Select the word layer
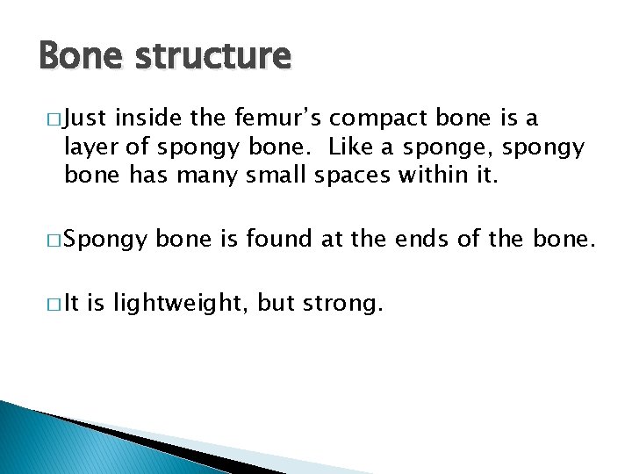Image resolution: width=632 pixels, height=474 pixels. pyautogui.click(x=87, y=147)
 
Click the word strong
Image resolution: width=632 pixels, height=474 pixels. pyautogui.click(x=346, y=305)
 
